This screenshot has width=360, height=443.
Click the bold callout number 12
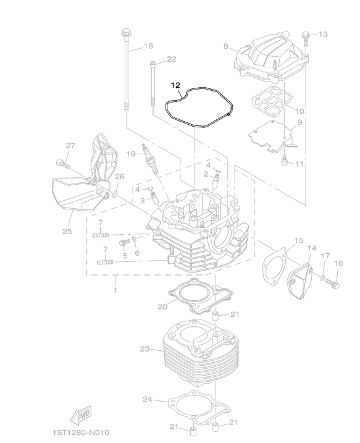click(x=175, y=85)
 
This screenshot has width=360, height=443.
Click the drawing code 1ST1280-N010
click(x=81, y=432)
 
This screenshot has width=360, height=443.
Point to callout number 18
click(x=148, y=46)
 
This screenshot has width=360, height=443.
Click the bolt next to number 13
click(x=305, y=39)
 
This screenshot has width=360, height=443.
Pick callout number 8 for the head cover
click(x=226, y=46)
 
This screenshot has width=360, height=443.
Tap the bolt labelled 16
click(x=333, y=283)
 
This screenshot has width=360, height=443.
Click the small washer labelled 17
click(x=322, y=277)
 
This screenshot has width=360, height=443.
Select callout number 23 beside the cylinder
click(x=144, y=349)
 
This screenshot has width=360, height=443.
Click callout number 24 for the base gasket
click(x=147, y=399)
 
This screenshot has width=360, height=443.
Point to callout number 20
click(x=162, y=306)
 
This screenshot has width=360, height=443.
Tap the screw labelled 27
click(x=63, y=164)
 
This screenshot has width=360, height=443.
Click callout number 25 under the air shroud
click(x=67, y=232)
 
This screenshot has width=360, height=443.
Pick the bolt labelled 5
click(x=125, y=243)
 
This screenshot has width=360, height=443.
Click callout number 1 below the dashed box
click(x=115, y=290)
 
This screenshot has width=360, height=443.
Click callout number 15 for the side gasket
click(x=299, y=240)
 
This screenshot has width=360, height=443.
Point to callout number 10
click(x=299, y=111)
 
